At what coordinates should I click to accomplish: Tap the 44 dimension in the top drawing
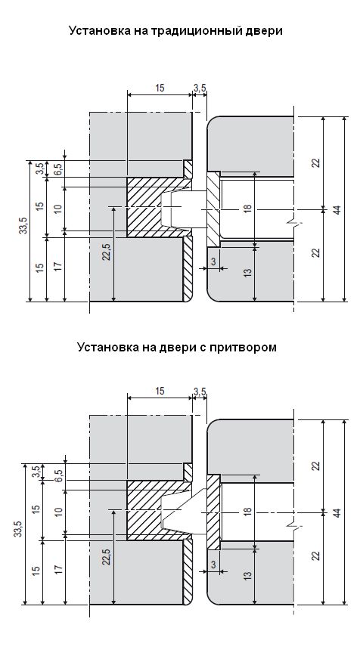point(337,209)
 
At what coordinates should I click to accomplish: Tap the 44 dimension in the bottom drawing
point(337,512)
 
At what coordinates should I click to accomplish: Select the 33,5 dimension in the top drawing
point(23,225)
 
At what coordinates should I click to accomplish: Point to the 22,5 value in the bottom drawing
point(107,555)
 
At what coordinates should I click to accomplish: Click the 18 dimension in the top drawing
point(248,208)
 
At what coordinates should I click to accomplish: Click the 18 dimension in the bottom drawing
point(248,512)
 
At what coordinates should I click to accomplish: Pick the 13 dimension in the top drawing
point(248,271)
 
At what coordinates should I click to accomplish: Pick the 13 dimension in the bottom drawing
point(248,574)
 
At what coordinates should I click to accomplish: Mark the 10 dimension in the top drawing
point(58,208)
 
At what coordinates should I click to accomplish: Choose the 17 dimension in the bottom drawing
point(58,570)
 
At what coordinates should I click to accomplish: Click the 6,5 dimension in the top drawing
point(58,169)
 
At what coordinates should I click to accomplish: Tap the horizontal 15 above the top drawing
point(160,88)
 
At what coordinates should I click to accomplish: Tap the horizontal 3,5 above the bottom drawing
point(200,391)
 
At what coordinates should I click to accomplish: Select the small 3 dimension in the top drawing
point(213,261)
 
